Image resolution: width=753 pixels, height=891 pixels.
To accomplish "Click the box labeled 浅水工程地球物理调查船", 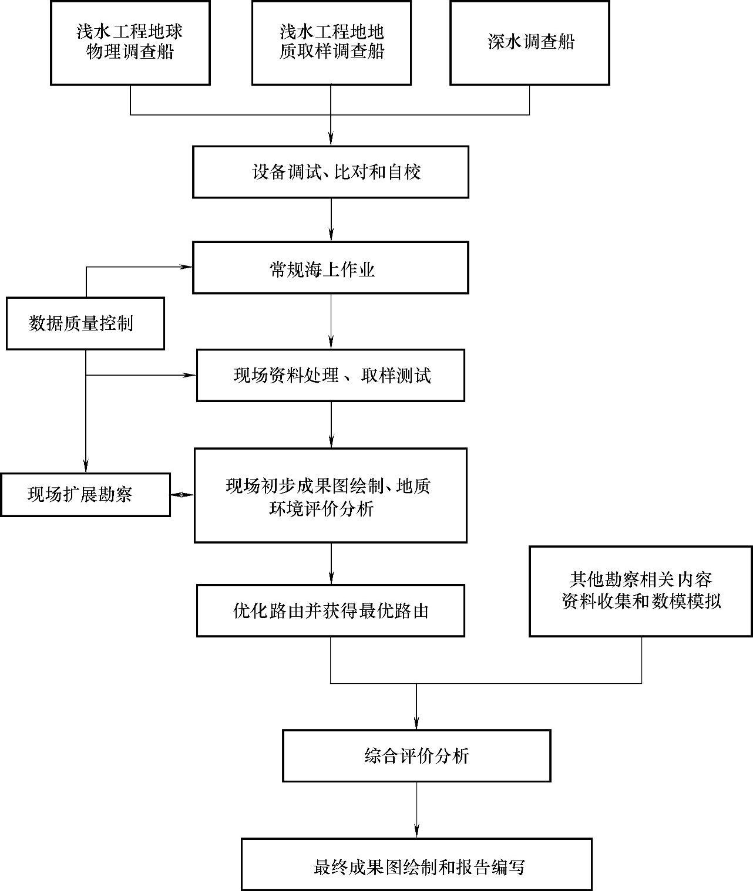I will click(130, 42).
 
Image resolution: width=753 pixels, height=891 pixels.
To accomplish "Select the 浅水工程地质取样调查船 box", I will click(331, 42).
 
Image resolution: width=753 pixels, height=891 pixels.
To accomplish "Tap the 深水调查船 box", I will click(529, 42).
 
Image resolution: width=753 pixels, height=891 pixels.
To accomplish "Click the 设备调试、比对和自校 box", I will click(330, 172).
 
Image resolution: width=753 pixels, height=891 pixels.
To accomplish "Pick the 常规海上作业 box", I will click(330, 268).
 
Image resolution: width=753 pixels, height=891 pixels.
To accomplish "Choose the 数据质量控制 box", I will click(85, 323).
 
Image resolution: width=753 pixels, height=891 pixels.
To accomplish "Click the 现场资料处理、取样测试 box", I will click(330, 376).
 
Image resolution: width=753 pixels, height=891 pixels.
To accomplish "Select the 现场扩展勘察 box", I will click(85, 495).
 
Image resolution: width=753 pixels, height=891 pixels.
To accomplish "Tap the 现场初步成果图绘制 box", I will click(330, 495).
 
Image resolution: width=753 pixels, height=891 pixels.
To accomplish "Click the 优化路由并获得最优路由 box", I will click(330, 611).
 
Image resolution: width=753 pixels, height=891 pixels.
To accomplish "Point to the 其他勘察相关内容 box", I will click(640, 591).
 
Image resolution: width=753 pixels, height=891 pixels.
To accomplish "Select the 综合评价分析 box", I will click(416, 756).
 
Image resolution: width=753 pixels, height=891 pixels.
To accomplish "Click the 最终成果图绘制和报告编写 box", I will click(416, 864).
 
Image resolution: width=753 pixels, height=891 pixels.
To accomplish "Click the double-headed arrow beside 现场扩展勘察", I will click(182, 495).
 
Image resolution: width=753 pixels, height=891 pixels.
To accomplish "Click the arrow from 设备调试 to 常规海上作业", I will click(331, 220).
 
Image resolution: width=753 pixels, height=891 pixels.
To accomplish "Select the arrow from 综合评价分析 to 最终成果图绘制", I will click(416, 810).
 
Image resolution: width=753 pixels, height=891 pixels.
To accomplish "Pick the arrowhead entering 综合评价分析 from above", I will click(416, 723).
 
